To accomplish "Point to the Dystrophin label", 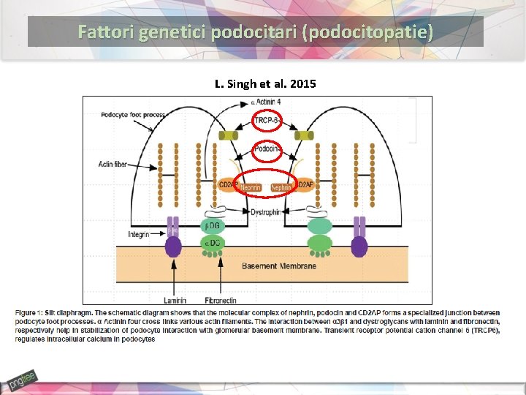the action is coord(267,212).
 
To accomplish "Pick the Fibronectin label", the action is coord(222,300).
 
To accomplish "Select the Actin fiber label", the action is coord(113,164).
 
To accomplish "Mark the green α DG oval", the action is coord(212,244).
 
